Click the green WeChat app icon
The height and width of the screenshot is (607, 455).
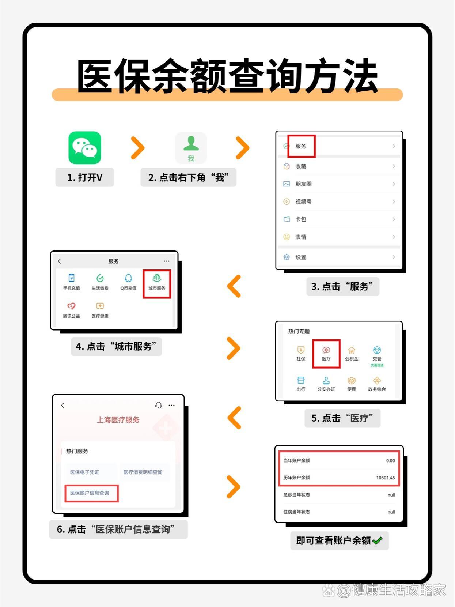coord(84,148)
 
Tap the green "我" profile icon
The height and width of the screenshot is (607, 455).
coord(191,148)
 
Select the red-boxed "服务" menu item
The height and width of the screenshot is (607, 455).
coord(301,146)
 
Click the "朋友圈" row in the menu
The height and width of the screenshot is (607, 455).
coord(339,184)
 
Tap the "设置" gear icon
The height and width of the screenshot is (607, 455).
coord(287,257)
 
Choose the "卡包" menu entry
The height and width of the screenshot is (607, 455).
coord(339,219)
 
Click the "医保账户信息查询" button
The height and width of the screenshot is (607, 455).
coord(91,493)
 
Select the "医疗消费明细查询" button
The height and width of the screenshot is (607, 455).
coord(143,472)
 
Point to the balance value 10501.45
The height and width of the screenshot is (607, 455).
coord(386,478)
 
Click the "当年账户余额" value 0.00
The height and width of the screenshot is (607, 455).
coord(390,460)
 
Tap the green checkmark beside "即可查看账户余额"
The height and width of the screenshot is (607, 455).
coord(378,540)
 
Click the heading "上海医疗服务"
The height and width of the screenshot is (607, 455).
coord(118,420)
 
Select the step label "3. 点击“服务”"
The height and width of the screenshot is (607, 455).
coord(342,286)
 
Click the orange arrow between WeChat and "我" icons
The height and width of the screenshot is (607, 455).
coord(137,148)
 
